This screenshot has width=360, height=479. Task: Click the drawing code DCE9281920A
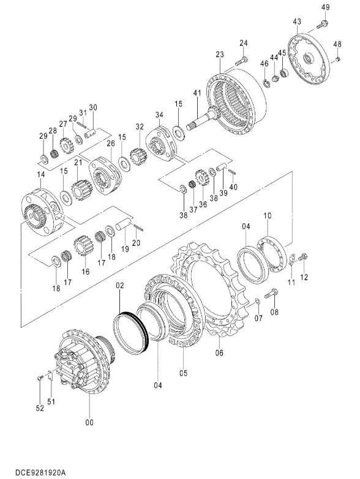click(x=40, y=473)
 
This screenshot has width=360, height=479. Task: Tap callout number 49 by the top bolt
click(x=326, y=7)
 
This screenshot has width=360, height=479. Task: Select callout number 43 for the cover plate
click(x=297, y=21)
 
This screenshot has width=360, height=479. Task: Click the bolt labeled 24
click(x=241, y=61)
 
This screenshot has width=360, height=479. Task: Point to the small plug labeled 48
click(x=337, y=59)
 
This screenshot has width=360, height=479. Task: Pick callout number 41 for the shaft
click(x=197, y=92)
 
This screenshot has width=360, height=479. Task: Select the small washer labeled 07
click(x=257, y=301)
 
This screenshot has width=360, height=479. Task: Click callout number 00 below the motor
click(x=89, y=423)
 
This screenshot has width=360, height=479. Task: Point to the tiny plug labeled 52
click(x=40, y=379)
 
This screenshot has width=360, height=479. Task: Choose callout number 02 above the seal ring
click(x=120, y=285)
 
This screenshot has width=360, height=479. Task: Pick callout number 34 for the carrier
click(x=159, y=115)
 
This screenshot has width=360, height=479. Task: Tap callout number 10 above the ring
click(x=268, y=216)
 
